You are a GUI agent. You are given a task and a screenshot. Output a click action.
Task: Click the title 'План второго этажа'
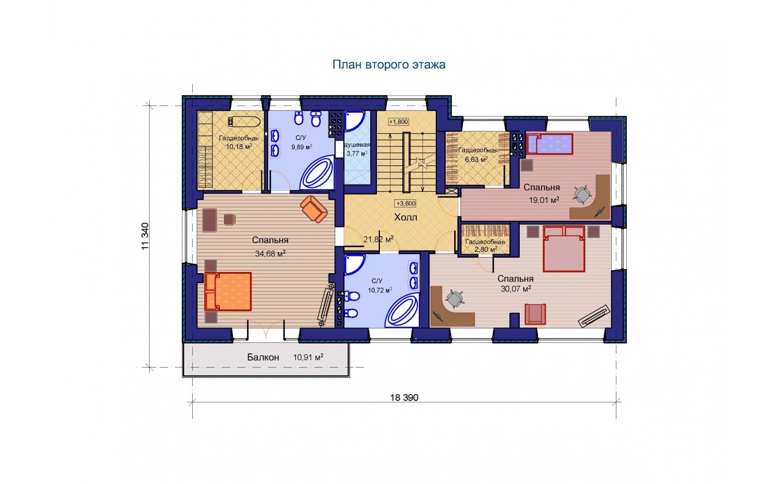pyautogui.click(x=389, y=65)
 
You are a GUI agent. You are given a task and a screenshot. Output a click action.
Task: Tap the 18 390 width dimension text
pyautogui.click(x=405, y=398)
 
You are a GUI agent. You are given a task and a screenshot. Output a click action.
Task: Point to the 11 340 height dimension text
pyautogui.click(x=145, y=236)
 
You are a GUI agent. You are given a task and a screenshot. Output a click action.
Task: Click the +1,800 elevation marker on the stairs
pyautogui.click(x=398, y=122)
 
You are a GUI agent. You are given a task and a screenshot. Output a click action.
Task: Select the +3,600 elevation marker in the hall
pyautogui.click(x=406, y=203)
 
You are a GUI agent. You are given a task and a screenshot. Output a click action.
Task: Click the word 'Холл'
pyautogui.click(x=406, y=218)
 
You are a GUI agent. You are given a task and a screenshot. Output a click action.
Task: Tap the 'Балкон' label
pyautogui.click(x=263, y=357)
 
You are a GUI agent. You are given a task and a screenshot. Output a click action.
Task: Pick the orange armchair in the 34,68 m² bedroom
pyautogui.click(x=314, y=209)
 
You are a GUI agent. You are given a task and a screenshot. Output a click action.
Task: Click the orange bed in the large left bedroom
pyautogui.click(x=228, y=292)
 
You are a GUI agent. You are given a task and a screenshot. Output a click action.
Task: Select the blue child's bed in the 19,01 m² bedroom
pyautogui.click(x=550, y=143)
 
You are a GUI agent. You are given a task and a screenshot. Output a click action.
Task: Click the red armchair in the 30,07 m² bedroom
pyautogui.click(x=535, y=314)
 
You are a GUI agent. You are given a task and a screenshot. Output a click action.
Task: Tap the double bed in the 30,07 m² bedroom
pyautogui.click(x=564, y=248)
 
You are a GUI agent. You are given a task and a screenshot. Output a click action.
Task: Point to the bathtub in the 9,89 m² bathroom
pyautogui.click(x=317, y=172)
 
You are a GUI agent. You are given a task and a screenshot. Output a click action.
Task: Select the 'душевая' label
pyautogui.click(x=357, y=145)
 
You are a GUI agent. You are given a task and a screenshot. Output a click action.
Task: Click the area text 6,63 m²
pyautogui.click(x=476, y=159)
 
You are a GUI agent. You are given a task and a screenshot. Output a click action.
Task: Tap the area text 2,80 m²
pyautogui.click(x=486, y=249)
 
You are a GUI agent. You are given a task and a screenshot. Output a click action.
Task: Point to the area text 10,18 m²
pyautogui.click(x=239, y=146)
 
